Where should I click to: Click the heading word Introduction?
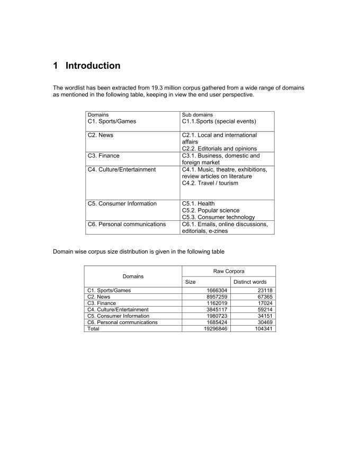pyautogui.click(x=93, y=66)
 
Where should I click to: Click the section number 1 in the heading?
pyautogui.click(x=56, y=66)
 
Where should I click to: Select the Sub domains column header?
pyautogui.click(x=197, y=114)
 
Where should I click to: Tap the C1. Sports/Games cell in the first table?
pyautogui.click(x=112, y=121)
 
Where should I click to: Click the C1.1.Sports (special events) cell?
pyautogui.click(x=219, y=121)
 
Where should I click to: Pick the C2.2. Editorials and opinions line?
pyautogui.click(x=219, y=149)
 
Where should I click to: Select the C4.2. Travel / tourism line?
pyautogui.click(x=210, y=183)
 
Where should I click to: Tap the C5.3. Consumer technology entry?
pyautogui.click(x=218, y=217)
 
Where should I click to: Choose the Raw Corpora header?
pyautogui.click(x=228, y=271)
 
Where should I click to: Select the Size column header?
pyautogui.click(x=190, y=282)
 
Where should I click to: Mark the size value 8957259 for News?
pyautogui.click(x=215, y=297)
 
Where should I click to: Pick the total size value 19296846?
pyautogui.click(x=213, y=329)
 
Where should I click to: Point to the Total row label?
pyautogui.click(x=93, y=329)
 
